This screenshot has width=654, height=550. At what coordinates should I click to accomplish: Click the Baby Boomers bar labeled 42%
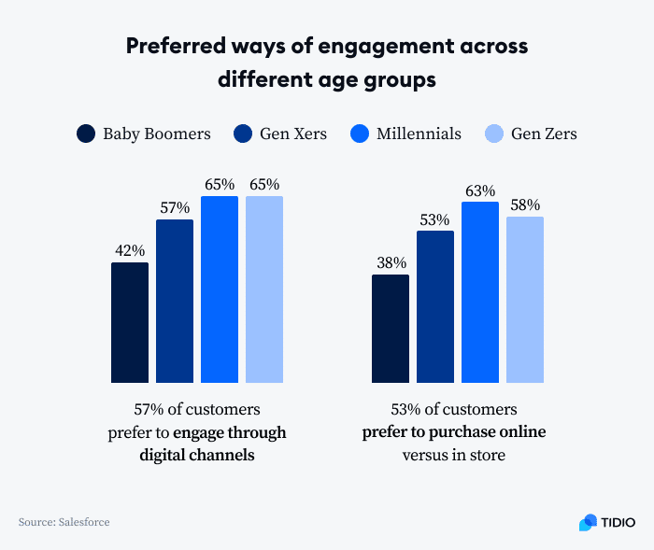(130, 322)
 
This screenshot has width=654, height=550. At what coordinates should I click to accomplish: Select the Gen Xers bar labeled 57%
(175, 301)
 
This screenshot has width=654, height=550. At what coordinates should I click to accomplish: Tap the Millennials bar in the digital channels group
(220, 289)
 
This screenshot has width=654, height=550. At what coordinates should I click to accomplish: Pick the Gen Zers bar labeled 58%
(525, 300)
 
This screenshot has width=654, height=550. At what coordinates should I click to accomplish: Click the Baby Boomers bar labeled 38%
(391, 329)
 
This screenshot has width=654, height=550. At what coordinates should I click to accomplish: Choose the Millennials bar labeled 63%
(480, 292)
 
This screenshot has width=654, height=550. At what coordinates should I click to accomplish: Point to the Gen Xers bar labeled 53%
(435, 306)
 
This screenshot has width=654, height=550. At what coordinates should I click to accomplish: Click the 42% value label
(130, 250)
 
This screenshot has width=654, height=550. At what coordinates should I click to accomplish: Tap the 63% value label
(480, 190)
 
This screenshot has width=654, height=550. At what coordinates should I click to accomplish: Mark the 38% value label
(391, 263)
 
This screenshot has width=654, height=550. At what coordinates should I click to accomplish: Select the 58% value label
(525, 205)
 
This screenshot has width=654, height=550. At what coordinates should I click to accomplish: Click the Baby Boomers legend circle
(87, 134)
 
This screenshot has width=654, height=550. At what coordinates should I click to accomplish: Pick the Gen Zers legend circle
(495, 134)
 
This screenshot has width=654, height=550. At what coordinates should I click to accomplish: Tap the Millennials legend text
(419, 134)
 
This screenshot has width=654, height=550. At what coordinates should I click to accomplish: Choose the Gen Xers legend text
(293, 134)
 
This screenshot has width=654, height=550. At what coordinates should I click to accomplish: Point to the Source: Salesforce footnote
(64, 522)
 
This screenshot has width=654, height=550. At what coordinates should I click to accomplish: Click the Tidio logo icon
(588, 522)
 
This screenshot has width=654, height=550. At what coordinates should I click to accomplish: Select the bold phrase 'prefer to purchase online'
(454, 432)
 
